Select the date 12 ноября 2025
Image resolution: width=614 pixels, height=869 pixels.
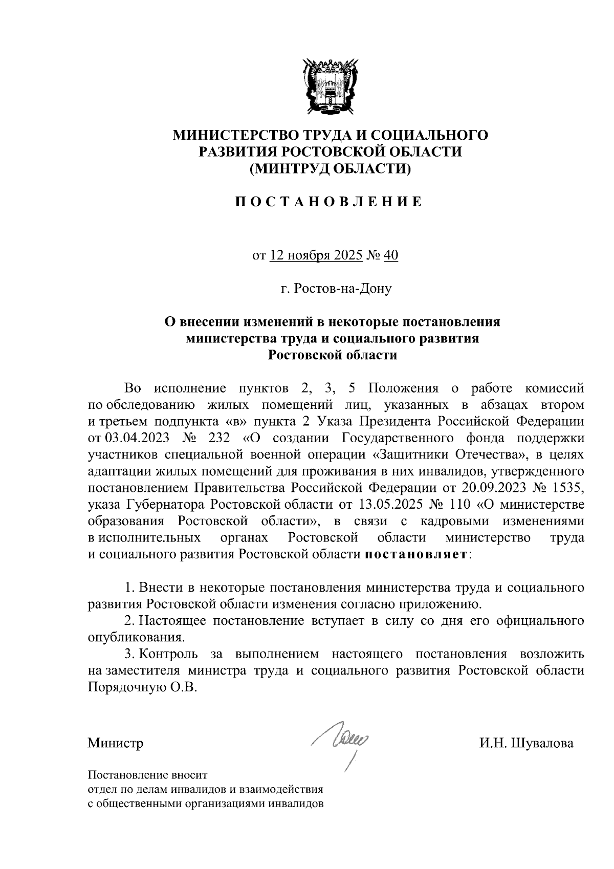tap(316, 255)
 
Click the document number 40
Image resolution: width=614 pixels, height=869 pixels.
tap(390, 255)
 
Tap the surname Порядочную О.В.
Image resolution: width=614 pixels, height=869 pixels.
tap(142, 687)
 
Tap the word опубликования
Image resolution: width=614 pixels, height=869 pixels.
tap(135, 638)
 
